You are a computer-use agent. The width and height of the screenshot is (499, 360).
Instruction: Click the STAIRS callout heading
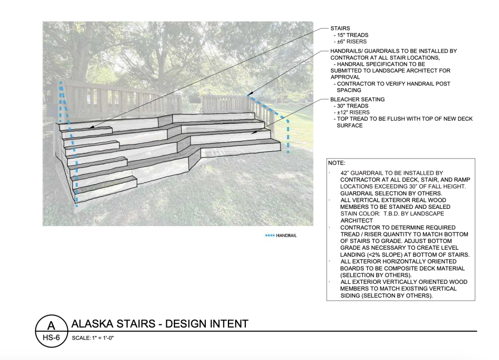[x=340, y=28]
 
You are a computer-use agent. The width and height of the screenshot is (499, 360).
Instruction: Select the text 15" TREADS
[x=352, y=35]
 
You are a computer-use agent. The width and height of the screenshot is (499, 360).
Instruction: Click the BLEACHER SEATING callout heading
[x=357, y=99]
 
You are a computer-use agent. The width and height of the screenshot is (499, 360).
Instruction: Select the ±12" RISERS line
[x=354, y=112]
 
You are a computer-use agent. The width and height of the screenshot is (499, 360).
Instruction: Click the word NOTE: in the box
[x=337, y=163]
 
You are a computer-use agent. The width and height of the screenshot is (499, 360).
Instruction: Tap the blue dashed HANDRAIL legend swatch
[x=269, y=236]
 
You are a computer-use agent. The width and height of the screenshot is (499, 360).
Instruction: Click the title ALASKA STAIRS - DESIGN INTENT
[x=160, y=324]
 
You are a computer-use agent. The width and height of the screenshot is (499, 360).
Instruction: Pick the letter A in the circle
[x=51, y=326]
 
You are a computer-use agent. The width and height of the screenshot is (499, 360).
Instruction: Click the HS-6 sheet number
[x=51, y=337]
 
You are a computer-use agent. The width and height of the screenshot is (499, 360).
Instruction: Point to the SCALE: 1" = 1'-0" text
[x=92, y=338]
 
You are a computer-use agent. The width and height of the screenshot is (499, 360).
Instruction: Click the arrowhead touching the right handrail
[x=250, y=94]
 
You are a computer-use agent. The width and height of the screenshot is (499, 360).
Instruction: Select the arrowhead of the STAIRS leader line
[x=91, y=127]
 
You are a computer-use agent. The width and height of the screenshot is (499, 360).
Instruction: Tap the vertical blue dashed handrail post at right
[x=288, y=136]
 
